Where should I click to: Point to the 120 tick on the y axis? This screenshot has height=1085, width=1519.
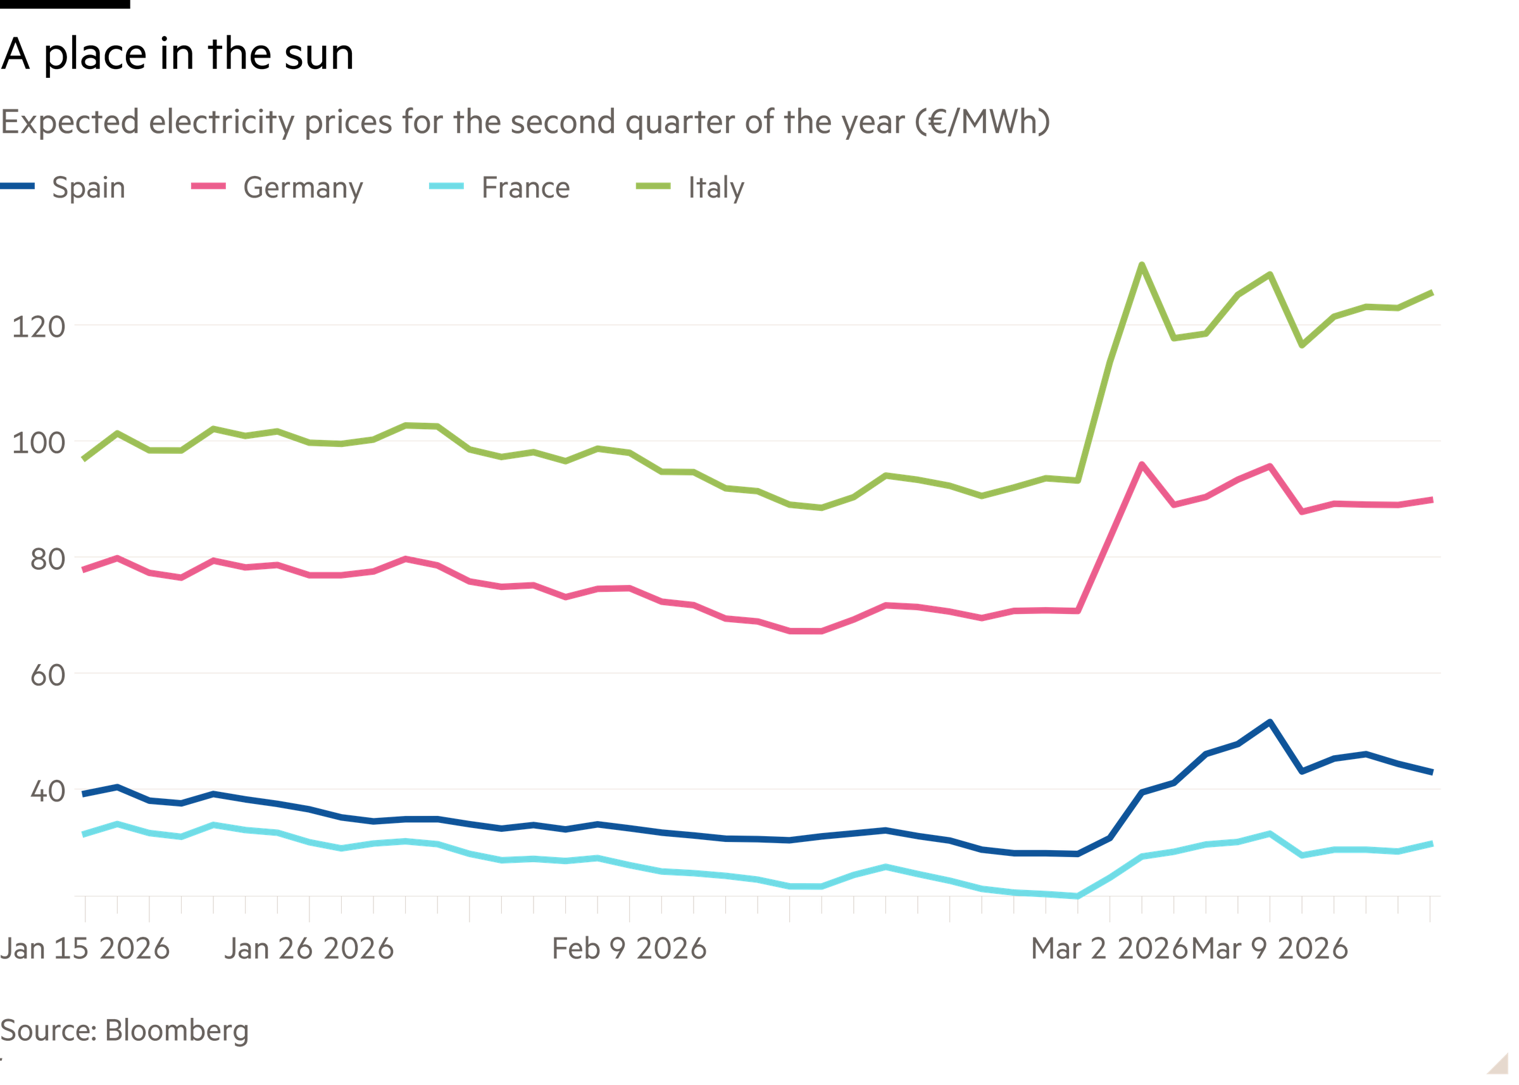pos(39,327)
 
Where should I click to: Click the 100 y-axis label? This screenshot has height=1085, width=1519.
pos(39,444)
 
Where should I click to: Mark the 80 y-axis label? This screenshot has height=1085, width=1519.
pos(47,559)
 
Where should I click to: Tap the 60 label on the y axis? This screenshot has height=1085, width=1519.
pos(47,675)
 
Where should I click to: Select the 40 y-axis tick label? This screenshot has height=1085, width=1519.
pos(47,792)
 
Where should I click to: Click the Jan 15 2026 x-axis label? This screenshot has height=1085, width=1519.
pos(85,949)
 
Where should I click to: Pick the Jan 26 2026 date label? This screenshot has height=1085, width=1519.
pos(309,949)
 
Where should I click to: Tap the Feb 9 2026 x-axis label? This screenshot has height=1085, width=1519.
pos(629,949)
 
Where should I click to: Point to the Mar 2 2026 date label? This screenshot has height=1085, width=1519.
pos(1109,949)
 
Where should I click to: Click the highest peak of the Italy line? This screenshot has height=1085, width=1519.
pos(1142,265)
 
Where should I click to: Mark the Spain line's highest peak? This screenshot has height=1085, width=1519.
pos(1269,722)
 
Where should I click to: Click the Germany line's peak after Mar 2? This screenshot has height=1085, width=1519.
pos(1142,463)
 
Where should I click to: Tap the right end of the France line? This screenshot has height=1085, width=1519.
pos(1431,844)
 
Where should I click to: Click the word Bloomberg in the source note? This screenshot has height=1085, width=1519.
pos(177,1031)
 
